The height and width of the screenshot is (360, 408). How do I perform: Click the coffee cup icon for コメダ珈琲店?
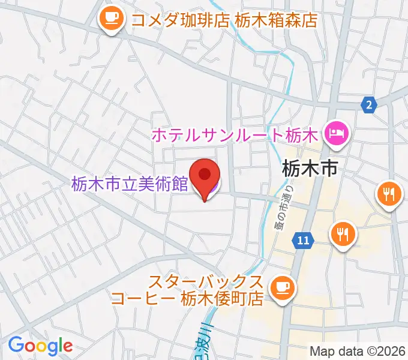click(112, 20)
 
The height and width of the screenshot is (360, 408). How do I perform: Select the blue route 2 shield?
click(370, 105)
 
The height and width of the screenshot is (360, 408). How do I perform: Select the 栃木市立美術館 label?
click(130, 184)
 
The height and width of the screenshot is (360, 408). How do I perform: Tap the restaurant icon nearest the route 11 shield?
click(344, 233)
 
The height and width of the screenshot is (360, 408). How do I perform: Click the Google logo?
click(40, 346)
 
